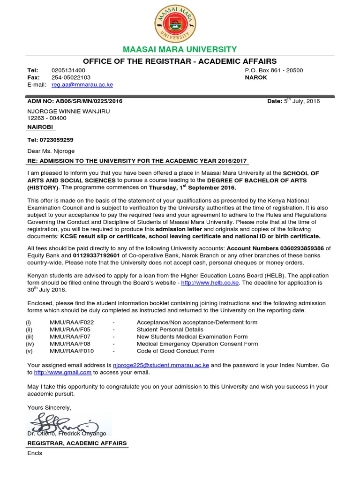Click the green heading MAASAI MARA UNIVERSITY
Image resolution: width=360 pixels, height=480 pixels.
pyautogui.click(x=180, y=50)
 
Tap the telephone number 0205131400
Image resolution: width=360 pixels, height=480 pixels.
pyautogui.click(x=68, y=70)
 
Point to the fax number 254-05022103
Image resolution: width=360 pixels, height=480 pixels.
pyautogui.click(x=71, y=77)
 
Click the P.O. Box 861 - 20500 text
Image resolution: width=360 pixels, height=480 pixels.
pyautogui.click(x=274, y=70)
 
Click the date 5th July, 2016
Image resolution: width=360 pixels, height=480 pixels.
pyautogui.click(x=302, y=101)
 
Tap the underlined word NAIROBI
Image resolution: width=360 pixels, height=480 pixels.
pyautogui.click(x=40, y=127)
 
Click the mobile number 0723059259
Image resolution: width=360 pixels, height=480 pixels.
pyautogui.click(x=57, y=140)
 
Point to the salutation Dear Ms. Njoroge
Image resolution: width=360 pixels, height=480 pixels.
pyautogui.click(x=51, y=151)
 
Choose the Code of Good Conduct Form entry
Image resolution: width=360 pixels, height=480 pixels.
pyautogui.click(x=175, y=351)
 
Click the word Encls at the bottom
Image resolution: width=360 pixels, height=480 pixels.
pyautogui.click(x=35, y=453)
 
